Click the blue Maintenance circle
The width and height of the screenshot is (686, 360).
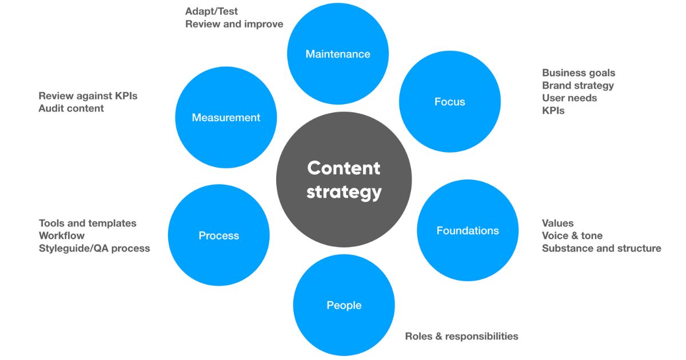coord(338,54)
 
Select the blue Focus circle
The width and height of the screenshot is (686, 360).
coord(449,102)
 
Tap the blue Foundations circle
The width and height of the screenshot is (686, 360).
coord(468,231)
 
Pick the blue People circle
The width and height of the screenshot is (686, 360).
coord(344,306)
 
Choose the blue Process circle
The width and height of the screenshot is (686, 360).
coord(218,235)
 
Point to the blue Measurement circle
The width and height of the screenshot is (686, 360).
coord(226,118)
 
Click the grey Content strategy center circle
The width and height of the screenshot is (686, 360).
coord(344,180)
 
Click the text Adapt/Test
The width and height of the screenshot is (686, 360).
coord(212,11)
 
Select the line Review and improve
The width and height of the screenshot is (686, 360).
coord(234,24)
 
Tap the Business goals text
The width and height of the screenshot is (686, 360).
coord(579,73)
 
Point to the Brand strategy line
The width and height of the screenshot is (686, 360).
coord(578,86)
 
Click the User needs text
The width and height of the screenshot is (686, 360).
coord(569,98)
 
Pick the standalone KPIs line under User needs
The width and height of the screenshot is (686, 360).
coord(553,111)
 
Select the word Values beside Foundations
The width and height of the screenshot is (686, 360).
coord(557,223)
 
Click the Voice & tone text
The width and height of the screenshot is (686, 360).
coord(572,236)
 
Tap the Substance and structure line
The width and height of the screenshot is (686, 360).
coord(601,249)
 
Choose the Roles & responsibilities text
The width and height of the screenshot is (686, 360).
coord(461,336)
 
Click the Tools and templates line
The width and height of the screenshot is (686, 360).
coord(87,223)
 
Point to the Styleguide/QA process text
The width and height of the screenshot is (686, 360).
coord(94,249)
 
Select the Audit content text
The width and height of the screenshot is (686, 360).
coord(71,109)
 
